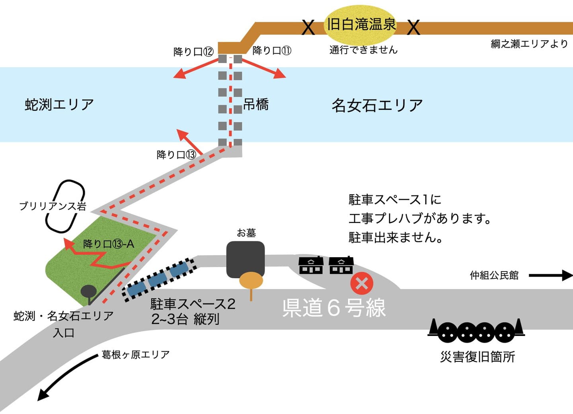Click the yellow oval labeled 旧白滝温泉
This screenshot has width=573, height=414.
(x=361, y=25)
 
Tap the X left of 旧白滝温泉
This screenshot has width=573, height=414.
(x=308, y=27)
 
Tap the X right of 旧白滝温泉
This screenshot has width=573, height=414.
(x=414, y=27)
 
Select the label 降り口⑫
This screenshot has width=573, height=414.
(x=194, y=52)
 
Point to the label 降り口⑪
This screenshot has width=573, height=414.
(x=272, y=51)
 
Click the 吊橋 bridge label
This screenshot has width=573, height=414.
(x=256, y=105)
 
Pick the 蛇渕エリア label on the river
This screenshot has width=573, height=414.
(x=59, y=104)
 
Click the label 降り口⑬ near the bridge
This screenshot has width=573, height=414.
(x=176, y=154)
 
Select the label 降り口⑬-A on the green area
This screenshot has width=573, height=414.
(x=108, y=244)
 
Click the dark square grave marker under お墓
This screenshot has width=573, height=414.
(x=246, y=258)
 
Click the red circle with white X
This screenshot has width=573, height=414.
(x=362, y=283)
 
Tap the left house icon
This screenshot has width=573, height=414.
(x=311, y=265)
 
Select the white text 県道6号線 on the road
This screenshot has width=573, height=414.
(x=334, y=308)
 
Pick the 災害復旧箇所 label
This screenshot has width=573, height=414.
(x=477, y=357)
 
